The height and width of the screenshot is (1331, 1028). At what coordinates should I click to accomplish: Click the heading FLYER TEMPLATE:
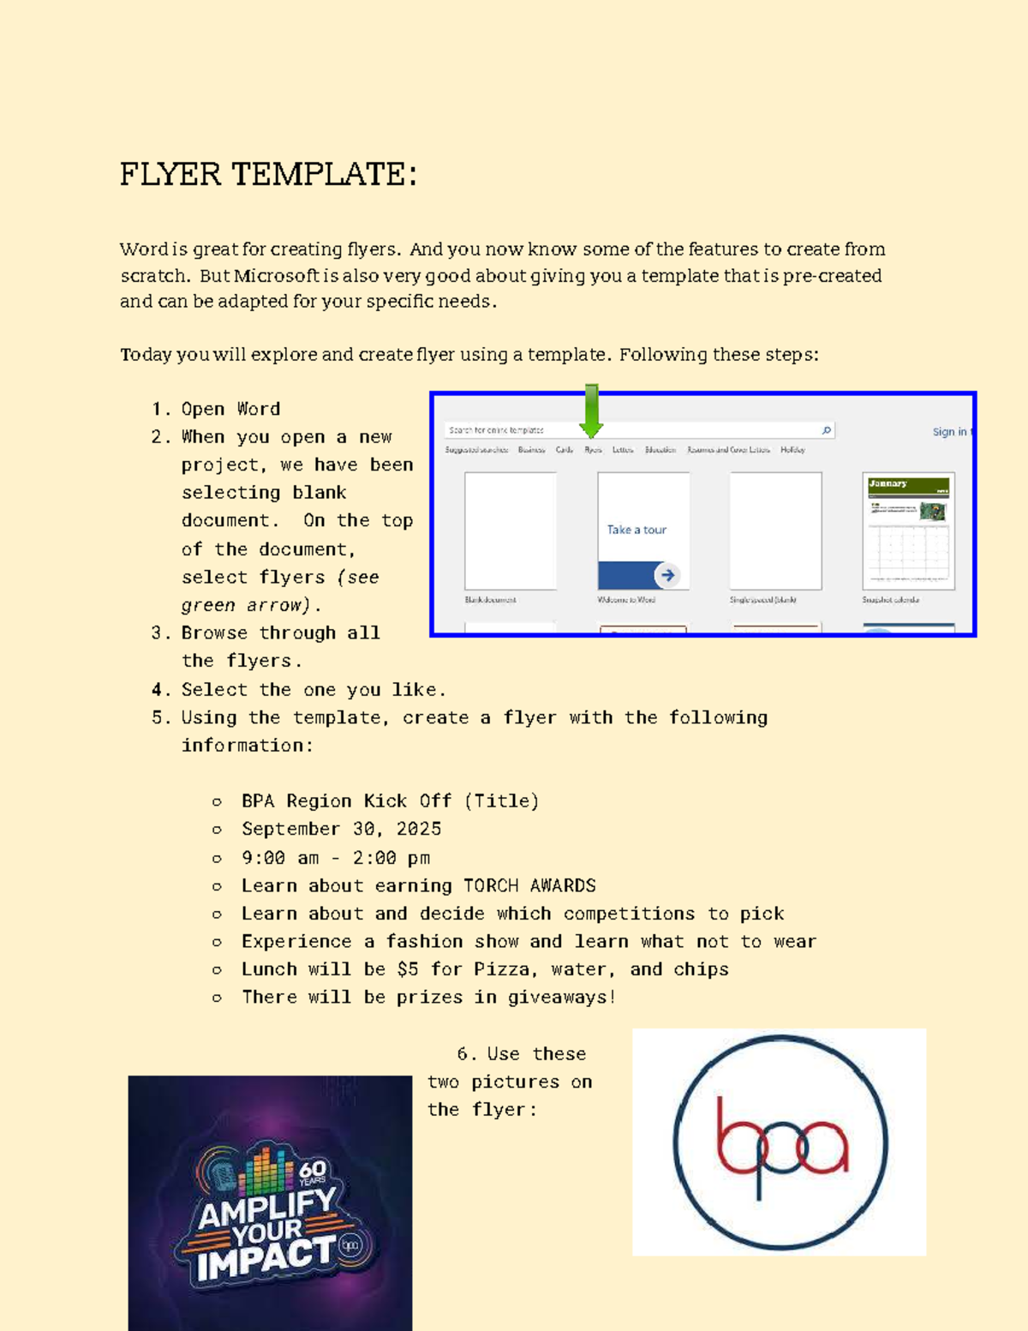[268, 175]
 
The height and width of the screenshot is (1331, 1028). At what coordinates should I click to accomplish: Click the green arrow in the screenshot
[591, 411]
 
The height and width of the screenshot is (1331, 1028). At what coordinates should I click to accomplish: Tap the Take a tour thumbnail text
[637, 530]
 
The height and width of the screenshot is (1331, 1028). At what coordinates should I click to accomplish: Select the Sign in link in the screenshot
[950, 432]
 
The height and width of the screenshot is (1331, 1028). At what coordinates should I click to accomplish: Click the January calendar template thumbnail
[908, 531]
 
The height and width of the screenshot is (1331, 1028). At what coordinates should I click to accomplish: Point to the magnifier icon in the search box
[826, 430]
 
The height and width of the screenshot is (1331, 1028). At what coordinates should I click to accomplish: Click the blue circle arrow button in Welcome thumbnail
[667, 575]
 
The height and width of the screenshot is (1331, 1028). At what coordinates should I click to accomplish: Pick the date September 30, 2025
[341, 829]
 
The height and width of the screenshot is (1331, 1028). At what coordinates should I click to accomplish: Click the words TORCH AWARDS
[529, 885]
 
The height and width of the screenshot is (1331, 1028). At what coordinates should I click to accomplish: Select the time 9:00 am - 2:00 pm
[336, 858]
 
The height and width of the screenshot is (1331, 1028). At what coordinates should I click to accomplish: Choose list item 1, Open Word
[230, 409]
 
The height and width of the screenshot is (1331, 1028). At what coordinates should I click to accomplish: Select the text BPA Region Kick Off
[346, 801]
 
